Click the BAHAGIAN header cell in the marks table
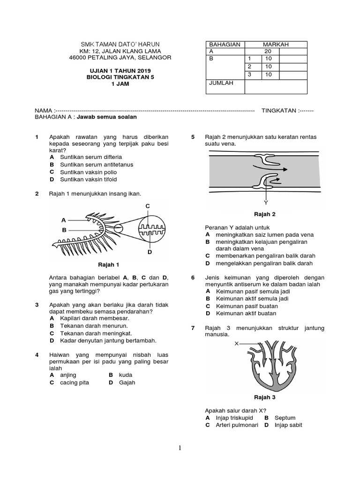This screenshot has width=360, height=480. click(225, 44)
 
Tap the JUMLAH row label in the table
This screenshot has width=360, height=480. click(221, 83)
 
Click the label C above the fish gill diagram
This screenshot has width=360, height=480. click(147, 206)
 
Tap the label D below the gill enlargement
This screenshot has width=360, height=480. click(150, 252)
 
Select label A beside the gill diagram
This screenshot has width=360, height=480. click(63, 220)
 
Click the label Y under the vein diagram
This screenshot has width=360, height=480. click(266, 203)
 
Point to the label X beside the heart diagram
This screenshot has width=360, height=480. click(237, 343)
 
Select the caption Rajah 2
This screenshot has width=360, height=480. click(264, 214)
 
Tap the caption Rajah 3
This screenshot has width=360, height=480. click(264, 397)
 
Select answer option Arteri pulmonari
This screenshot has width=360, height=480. click(233, 425)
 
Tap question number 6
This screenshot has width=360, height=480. click(193, 277)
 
